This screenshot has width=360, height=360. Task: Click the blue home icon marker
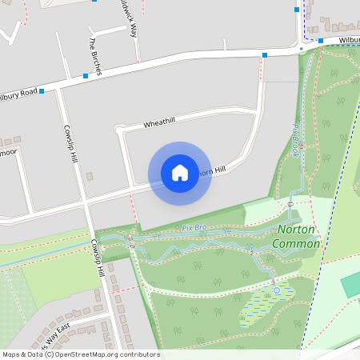click(x=180, y=173)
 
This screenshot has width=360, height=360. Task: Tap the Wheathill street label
click(x=159, y=123)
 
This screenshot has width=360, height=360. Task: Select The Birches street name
click(x=95, y=57)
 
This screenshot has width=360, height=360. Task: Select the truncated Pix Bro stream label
click(x=194, y=228)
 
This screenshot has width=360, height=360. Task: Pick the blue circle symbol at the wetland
click(x=276, y=290)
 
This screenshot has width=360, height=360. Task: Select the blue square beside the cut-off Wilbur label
click(x=320, y=41)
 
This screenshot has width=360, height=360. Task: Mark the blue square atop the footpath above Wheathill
click(x=265, y=55)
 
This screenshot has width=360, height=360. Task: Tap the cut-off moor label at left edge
click(x=8, y=151)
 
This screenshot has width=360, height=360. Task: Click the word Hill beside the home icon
click(x=219, y=170)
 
